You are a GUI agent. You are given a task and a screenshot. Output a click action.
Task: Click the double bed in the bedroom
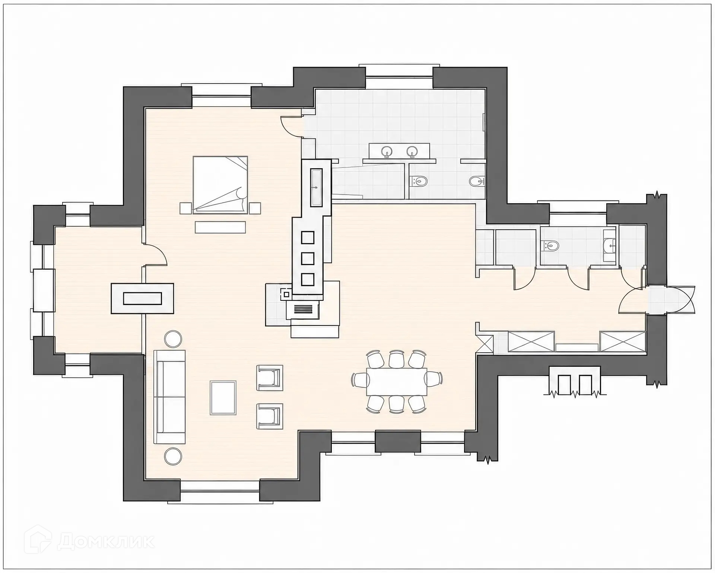[x=220, y=185]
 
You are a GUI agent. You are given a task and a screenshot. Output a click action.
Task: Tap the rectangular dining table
[x=397, y=382]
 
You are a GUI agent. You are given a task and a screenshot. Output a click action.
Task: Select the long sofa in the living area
[x=170, y=397]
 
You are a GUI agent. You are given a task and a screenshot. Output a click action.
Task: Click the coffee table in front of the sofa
[x=223, y=398]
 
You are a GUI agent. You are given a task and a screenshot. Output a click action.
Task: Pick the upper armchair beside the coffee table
[x=270, y=378]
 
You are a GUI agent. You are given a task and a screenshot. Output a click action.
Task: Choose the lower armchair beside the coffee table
[x=270, y=416]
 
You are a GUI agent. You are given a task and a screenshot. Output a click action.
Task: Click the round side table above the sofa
[x=173, y=339]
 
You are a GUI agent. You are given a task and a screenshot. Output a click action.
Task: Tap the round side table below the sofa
[x=173, y=456]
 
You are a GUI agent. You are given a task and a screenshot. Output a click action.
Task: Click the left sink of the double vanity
[x=387, y=152]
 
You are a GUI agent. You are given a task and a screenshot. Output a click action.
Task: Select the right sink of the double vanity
[x=411, y=152]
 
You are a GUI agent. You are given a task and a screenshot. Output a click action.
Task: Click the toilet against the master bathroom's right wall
[x=477, y=182]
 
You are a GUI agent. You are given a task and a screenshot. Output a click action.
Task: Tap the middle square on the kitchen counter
[x=308, y=258]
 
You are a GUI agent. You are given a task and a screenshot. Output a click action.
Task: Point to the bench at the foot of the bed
[x=220, y=227]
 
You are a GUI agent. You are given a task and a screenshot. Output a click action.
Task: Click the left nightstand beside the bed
[x=185, y=208]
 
